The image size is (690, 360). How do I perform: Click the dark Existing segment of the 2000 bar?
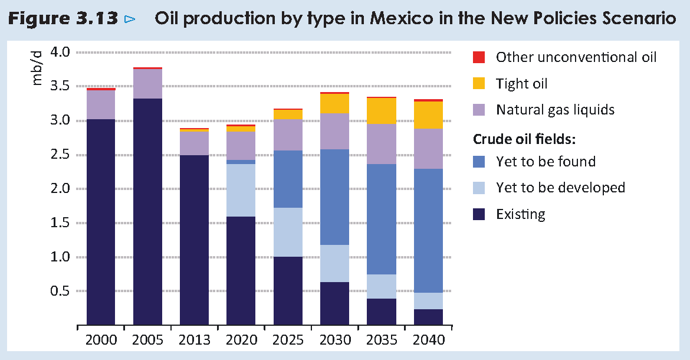tap(101, 222)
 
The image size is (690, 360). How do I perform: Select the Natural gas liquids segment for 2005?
tap(147, 84)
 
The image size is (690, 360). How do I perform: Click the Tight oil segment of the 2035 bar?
tap(381, 111)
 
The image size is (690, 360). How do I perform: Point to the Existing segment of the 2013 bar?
tap(194, 240)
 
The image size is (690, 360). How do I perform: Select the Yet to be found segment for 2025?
tap(288, 179)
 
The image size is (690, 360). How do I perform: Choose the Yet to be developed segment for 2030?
tap(334, 263)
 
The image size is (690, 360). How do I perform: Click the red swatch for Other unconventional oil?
tap(479, 57)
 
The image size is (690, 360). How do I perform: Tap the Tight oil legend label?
tap(521, 84)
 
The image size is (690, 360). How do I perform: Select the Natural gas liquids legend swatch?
tap(479, 110)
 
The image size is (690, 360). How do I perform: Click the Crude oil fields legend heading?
tap(524, 139)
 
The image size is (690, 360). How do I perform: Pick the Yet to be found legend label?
tap(546, 162)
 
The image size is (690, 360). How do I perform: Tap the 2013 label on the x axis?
tap(194, 340)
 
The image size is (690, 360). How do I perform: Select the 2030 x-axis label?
tap(334, 340)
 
